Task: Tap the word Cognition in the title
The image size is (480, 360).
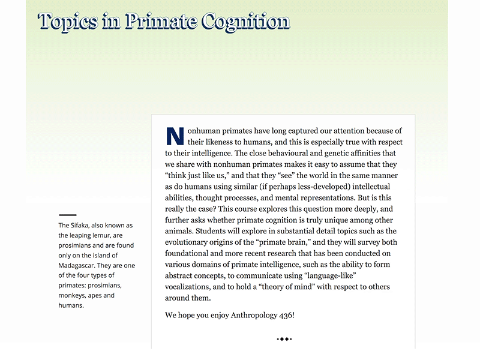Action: [x=246, y=22]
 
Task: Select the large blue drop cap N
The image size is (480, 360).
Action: [x=174, y=136]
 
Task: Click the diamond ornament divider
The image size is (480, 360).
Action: [x=284, y=339]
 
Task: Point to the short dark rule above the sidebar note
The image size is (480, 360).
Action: [x=67, y=214]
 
